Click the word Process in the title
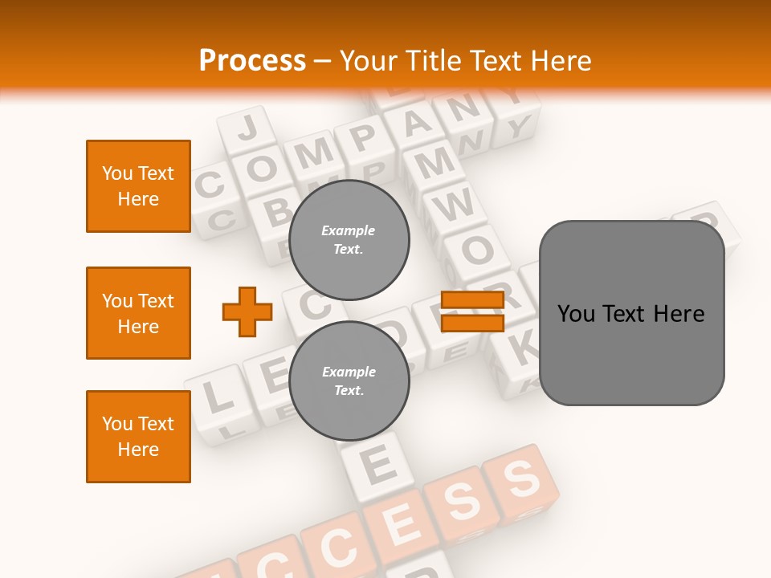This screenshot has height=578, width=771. [252, 60]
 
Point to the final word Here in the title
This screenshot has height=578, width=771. [559, 60]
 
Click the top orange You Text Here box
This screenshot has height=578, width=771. [138, 186]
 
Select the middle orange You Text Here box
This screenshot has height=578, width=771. [138, 313]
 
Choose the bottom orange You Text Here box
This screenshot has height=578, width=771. [138, 437]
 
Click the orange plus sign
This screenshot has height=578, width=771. [247, 311]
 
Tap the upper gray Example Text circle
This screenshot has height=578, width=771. [349, 240]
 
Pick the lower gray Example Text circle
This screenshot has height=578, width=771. [349, 381]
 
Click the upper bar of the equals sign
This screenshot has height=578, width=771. [472, 300]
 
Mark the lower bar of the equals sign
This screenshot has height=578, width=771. [472, 323]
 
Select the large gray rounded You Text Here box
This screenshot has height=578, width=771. [631, 313]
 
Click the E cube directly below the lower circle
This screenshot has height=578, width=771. [377, 464]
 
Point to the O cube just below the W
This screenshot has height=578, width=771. [477, 250]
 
